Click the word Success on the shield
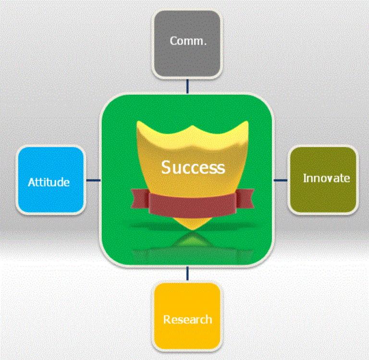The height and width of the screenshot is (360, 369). pyautogui.click(x=193, y=167)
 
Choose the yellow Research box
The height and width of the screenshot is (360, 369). pyautogui.click(x=187, y=316)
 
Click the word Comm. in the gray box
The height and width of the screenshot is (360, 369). pyautogui.click(x=188, y=41)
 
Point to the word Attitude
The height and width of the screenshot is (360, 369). pyautogui.click(x=49, y=182)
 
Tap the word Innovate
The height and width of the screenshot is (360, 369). pyautogui.click(x=326, y=178)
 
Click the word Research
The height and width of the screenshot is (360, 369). pyautogui.click(x=187, y=320)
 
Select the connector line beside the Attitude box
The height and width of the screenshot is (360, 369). pyautogui.click(x=93, y=180)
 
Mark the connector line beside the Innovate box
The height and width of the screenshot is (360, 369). pyautogui.click(x=281, y=180)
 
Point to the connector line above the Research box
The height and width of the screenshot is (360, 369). pyautogui.click(x=187, y=274)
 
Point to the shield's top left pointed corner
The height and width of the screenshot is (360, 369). pyautogui.click(x=138, y=124)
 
